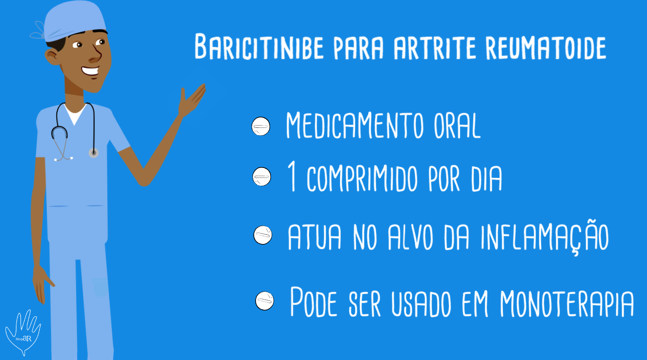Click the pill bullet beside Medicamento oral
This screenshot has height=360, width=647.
pos(261,127)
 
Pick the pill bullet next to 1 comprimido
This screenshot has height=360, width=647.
pos(261,177)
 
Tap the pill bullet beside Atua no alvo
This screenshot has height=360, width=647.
pos(263,235)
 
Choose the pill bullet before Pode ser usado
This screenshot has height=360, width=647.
pos(265,301)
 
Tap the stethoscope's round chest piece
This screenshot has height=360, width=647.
pos(94,153)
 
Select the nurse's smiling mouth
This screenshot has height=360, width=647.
pos(90,71)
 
